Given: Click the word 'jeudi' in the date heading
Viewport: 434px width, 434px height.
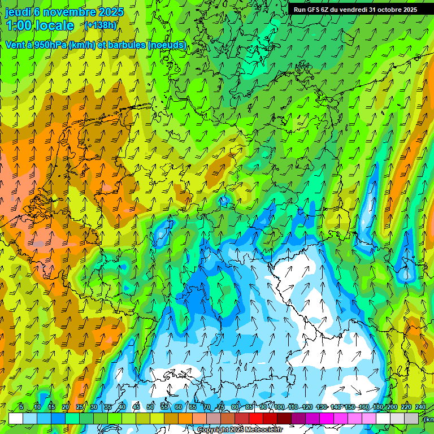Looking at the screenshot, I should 18,12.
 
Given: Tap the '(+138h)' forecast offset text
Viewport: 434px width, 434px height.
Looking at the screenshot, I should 101,25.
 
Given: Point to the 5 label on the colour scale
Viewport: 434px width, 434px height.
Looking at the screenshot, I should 21,407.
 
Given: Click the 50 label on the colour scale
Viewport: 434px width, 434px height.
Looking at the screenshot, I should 150,407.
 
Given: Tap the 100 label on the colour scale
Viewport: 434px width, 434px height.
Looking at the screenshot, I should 279,407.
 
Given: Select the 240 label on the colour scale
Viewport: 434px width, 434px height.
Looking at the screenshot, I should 420,407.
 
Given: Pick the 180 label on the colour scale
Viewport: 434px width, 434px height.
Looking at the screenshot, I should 377,407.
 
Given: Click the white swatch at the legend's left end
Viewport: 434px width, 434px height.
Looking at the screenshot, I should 16,418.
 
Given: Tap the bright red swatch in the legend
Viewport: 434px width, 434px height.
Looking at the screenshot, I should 256,418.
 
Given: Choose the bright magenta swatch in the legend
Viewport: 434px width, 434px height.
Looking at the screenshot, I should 327,418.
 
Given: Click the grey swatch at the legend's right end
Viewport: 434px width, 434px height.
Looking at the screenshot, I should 411,418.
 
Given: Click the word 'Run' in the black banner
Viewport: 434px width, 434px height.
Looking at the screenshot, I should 300,10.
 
